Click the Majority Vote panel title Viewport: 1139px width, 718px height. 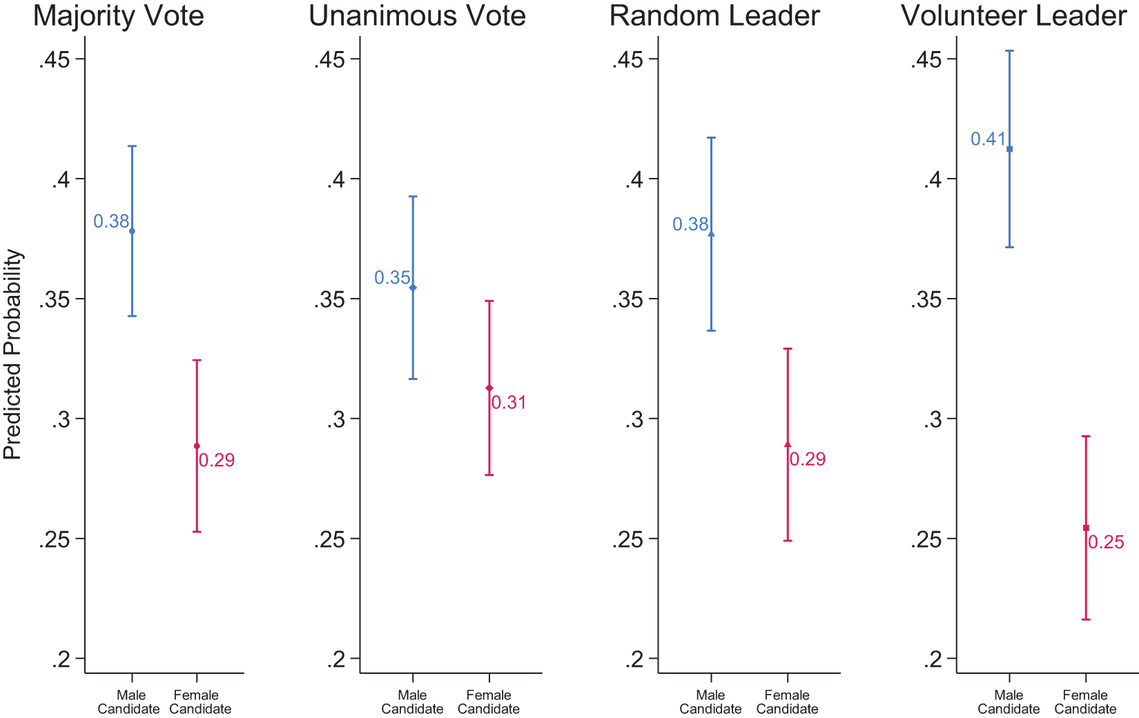point(118,16)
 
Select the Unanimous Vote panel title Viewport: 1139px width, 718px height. point(417,16)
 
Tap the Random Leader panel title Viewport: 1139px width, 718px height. point(714,16)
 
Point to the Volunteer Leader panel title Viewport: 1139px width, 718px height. point(1013,16)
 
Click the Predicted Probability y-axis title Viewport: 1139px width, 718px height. point(13,355)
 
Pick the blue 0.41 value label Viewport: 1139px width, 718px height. point(988,139)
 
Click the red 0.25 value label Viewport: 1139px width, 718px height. point(1106,543)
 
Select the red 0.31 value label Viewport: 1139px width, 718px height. point(509,403)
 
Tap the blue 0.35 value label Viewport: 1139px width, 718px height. point(392,278)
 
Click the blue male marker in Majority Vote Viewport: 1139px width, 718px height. point(133,231)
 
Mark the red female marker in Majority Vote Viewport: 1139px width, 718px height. point(197,446)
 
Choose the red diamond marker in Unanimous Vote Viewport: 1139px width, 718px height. point(489,388)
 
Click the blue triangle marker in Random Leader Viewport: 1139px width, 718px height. point(712,234)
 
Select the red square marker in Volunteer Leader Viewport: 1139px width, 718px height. point(1086,528)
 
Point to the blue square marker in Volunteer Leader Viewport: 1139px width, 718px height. point(1009,149)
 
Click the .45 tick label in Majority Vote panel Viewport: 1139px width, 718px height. point(55,61)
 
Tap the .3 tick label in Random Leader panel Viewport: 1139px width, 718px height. point(634,420)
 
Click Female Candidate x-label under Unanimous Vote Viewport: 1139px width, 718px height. point(489,702)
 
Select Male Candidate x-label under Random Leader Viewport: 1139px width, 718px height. point(710,702)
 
